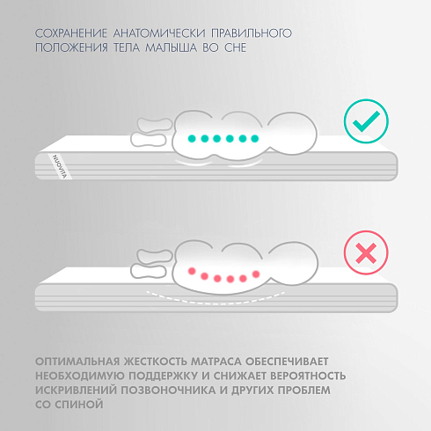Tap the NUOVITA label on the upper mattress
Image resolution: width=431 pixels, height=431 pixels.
click(x=53, y=165)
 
